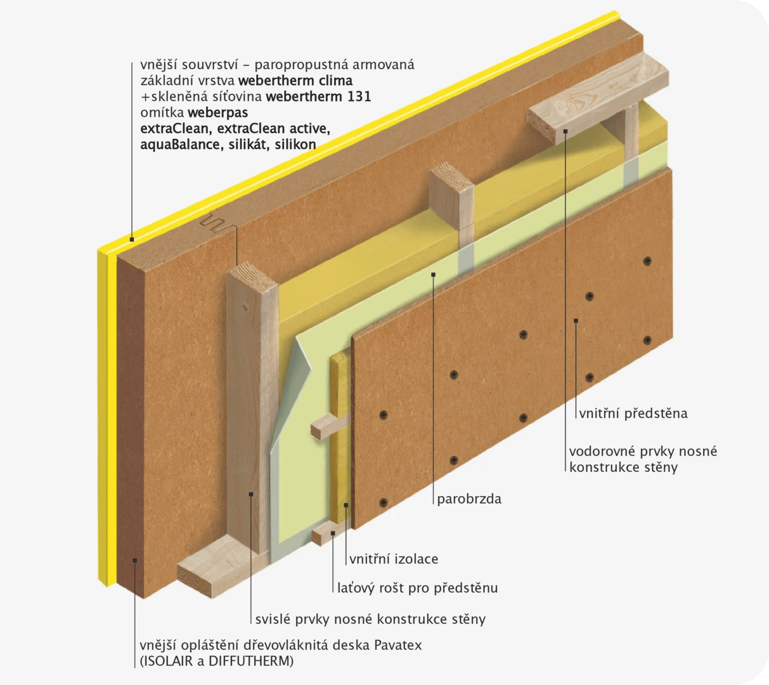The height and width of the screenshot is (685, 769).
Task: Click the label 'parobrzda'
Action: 469,499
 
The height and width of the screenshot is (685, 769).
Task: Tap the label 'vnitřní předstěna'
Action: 633,414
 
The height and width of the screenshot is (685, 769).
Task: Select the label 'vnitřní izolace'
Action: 394,559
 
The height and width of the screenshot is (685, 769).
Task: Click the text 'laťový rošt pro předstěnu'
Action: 418,588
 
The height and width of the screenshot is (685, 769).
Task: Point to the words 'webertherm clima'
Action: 295,81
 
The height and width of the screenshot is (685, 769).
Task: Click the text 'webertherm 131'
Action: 318,97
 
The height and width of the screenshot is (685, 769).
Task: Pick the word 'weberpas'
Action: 217,113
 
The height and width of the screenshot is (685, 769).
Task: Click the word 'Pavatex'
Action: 397,645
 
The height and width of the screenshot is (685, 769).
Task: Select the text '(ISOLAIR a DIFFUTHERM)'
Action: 217,661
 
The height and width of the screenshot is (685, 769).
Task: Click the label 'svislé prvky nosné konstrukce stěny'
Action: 370,619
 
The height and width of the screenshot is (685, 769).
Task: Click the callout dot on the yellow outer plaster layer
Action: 132,240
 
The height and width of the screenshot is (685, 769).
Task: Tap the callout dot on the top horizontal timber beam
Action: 565,131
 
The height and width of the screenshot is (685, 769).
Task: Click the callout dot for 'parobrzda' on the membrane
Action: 433,274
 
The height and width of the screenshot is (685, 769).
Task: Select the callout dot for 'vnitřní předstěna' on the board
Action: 576,321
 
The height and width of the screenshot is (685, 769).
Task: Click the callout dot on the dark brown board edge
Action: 135,560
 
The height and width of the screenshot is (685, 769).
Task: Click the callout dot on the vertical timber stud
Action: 251,494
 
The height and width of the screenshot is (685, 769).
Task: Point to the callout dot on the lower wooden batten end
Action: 333,533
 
